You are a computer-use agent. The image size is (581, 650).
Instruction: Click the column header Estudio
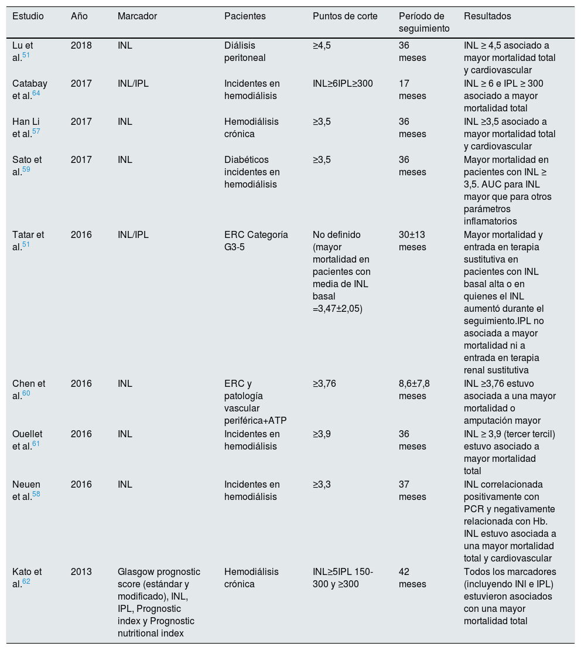[28, 16]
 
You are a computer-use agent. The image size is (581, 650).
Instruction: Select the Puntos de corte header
[345, 16]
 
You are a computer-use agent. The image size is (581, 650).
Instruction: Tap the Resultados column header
[487, 16]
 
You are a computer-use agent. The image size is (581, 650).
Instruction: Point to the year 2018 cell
[81, 46]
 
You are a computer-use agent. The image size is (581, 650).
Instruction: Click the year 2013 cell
[81, 572]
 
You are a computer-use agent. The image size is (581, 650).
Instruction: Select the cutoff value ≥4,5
[322, 46]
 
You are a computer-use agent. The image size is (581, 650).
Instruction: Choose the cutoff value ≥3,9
[322, 434]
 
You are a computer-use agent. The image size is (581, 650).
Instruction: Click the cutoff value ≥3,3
[322, 485]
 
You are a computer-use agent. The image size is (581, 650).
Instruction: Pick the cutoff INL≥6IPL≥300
[343, 84]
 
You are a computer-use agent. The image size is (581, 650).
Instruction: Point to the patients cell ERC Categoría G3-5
[256, 240]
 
